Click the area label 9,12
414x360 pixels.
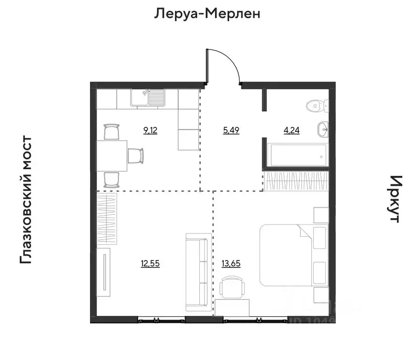click(151, 131)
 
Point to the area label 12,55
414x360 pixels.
click(150, 263)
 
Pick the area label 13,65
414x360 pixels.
click(231, 263)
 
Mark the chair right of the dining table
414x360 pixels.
click(135, 155)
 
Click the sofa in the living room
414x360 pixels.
click(197, 272)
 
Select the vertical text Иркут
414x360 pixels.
click(396, 199)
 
